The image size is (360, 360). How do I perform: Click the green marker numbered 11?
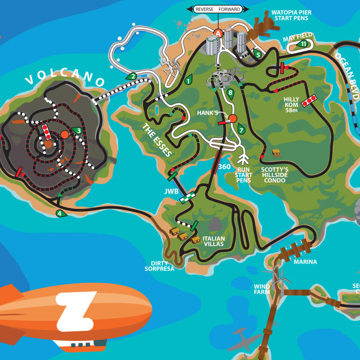(x=302, y=44)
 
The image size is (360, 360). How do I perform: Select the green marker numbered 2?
(x=132, y=76)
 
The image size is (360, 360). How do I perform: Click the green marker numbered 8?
(x=230, y=93)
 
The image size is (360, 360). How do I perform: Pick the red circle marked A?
(x=218, y=34)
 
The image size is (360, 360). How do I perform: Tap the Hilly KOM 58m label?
(x=291, y=102)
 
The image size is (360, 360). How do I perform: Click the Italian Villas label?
(x=213, y=241)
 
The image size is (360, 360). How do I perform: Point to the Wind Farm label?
(x=262, y=289)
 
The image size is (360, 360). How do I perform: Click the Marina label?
(x=305, y=262)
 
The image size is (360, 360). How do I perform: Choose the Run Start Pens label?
(x=244, y=175)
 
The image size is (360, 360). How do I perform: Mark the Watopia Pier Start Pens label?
(x=291, y=15)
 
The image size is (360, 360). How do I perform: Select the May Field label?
(x=298, y=35)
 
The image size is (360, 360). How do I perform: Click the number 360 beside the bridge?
(x=224, y=166)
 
